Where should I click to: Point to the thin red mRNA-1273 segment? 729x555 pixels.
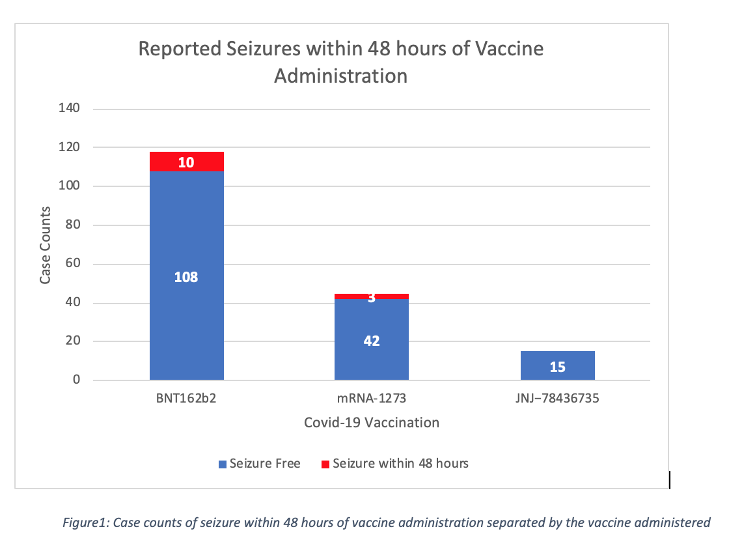tap(391, 296)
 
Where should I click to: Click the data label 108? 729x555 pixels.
tap(186, 277)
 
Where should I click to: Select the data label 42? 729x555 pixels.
tap(372, 341)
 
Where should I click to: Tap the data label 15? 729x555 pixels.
tap(557, 367)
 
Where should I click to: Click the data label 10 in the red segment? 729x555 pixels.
tap(186, 162)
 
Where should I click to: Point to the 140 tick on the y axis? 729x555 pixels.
tap(70, 109)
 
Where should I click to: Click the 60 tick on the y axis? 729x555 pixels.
tap(74, 264)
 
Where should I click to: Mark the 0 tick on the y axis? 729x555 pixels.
tap(76, 380)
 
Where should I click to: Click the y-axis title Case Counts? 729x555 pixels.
tap(46, 245)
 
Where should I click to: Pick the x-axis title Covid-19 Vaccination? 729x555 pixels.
tap(372, 423)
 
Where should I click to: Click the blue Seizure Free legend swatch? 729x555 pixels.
tap(223, 464)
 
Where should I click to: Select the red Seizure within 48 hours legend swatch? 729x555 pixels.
tap(325, 464)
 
